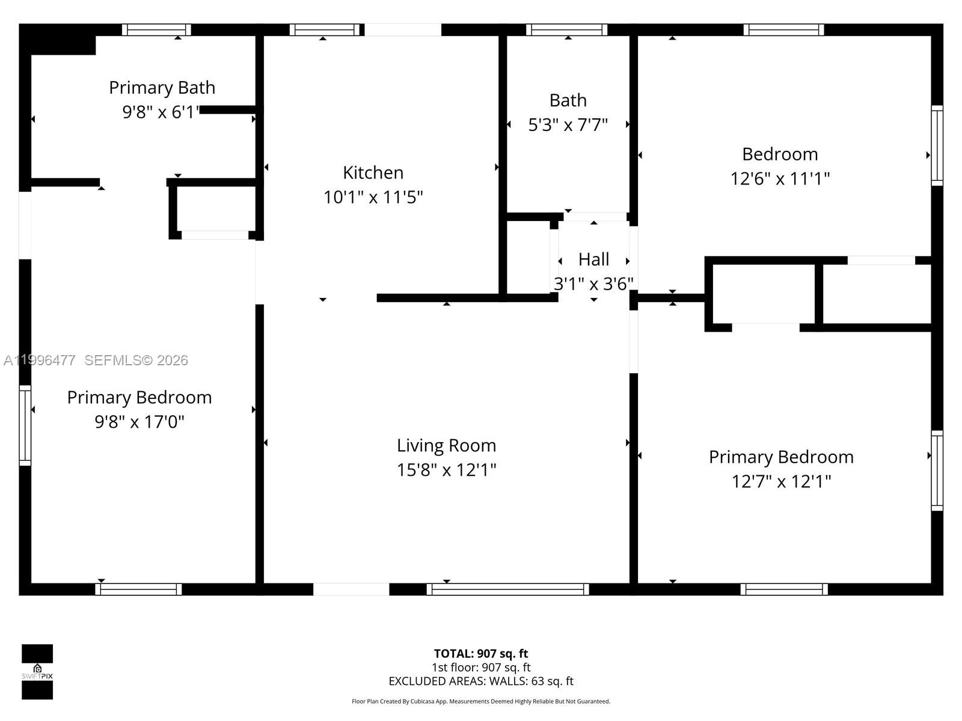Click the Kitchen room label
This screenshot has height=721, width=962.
point(373,172)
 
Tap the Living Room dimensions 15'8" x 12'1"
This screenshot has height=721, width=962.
point(446,470)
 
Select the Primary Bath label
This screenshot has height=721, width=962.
point(162,88)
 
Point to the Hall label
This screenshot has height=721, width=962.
point(593,260)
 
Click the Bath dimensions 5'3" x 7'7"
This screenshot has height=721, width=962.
point(568,125)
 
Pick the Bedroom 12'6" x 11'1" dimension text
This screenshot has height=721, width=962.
point(780,178)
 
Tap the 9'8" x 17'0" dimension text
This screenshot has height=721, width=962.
point(139,422)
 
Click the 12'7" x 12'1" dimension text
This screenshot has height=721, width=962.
point(781,481)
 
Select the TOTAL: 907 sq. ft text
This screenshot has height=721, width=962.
point(480,653)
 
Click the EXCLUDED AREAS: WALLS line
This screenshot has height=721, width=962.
point(480,681)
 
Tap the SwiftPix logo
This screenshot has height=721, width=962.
point(37,672)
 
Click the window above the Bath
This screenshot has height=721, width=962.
point(566,29)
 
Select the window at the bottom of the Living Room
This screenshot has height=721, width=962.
point(507,589)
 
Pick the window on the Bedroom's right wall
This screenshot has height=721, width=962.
point(937,145)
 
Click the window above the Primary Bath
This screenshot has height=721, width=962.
point(156,29)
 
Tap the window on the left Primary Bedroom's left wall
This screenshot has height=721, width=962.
point(25,425)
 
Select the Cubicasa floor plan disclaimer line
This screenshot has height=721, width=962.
point(480,701)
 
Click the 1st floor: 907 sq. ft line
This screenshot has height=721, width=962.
point(480,667)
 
